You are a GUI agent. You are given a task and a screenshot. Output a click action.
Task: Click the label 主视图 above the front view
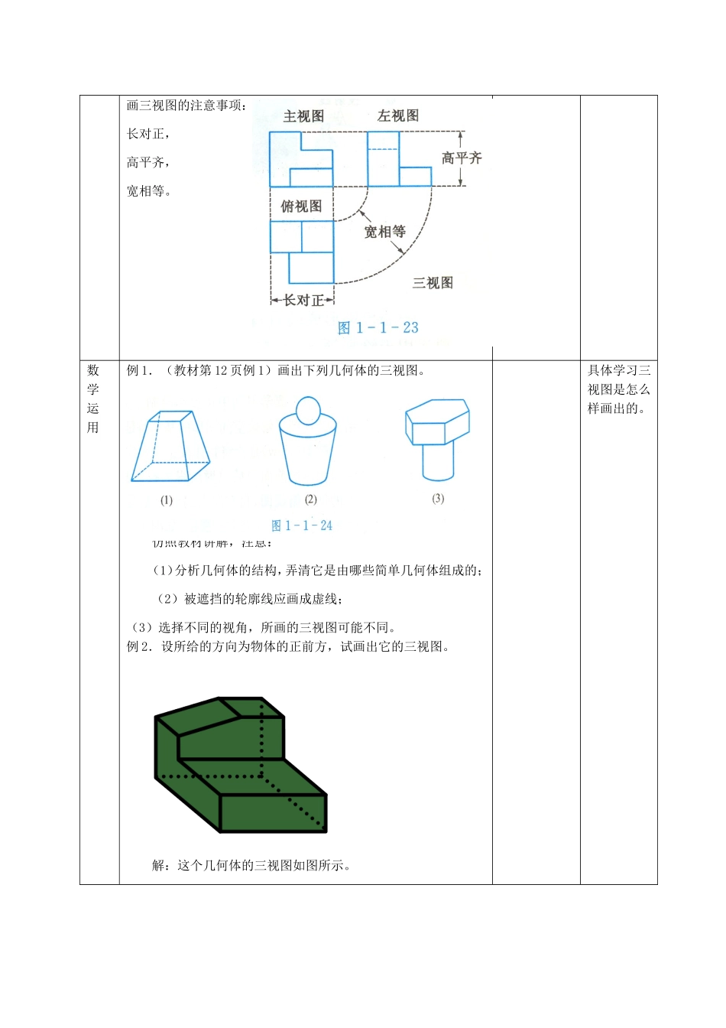tap(303, 117)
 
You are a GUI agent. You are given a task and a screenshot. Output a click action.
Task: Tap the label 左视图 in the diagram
tap(397, 116)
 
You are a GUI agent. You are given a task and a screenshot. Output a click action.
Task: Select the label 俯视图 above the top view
tap(301, 207)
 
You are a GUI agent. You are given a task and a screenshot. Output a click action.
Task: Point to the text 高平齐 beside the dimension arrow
tap(462, 158)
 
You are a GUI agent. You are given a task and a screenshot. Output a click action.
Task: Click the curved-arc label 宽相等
tap(384, 232)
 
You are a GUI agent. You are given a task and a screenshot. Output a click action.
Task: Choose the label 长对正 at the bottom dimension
tap(303, 301)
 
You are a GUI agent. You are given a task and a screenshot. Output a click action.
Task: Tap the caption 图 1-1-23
tap(378, 328)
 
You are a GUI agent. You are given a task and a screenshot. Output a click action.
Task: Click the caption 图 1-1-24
tap(302, 525)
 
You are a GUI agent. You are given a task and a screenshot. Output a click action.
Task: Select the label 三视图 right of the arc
tap(433, 283)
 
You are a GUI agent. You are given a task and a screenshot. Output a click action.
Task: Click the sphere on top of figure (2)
tap(308, 410)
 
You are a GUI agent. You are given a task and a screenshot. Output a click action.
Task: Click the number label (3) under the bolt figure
tap(438, 499)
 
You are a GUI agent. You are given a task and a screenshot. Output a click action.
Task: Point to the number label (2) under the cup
tap(310, 499)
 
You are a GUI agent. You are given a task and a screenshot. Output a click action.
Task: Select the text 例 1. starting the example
tap(140, 371)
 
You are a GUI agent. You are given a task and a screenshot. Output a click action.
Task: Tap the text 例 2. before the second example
tap(140, 647)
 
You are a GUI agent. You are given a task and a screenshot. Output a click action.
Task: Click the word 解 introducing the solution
tap(158, 866)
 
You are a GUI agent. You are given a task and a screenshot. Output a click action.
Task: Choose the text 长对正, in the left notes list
tap(148, 134)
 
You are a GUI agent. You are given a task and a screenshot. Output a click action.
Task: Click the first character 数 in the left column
tap(93, 371)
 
